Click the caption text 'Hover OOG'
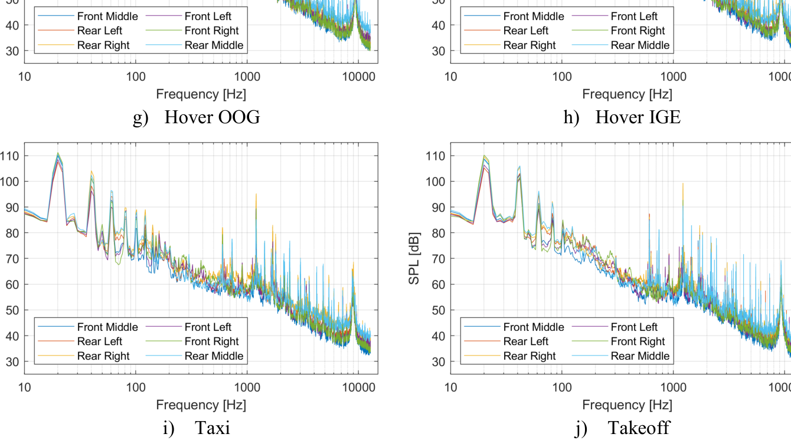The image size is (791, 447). (x=212, y=117)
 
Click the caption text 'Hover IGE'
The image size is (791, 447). (x=638, y=117)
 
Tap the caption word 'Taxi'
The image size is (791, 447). (x=213, y=428)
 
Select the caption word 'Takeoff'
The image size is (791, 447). (x=639, y=428)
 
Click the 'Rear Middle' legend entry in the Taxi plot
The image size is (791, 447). (x=214, y=356)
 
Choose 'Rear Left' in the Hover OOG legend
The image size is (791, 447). (x=99, y=31)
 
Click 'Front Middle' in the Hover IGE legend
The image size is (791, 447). (x=534, y=16)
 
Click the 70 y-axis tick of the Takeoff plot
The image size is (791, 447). (x=435, y=259)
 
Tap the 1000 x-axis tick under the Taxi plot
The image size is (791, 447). (x=247, y=387)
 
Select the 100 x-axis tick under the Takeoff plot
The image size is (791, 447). (x=561, y=387)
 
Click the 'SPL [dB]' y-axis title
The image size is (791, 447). (x=414, y=259)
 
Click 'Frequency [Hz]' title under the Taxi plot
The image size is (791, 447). (x=201, y=405)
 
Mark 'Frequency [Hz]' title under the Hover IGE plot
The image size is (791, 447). (x=627, y=94)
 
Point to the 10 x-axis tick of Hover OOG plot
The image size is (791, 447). (x=24, y=76)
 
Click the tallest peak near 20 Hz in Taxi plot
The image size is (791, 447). (x=58, y=153)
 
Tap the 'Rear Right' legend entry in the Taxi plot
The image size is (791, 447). (x=103, y=356)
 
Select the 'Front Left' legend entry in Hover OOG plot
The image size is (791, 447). (x=208, y=16)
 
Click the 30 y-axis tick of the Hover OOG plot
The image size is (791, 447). (x=11, y=51)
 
